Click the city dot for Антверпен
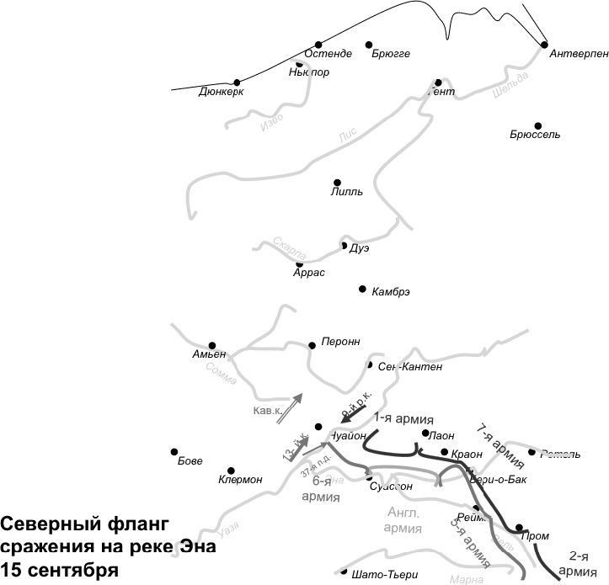click(544, 44)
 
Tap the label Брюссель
click(535, 135)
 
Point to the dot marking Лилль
click(337, 182)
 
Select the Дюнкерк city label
click(222, 92)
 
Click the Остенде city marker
click(318, 45)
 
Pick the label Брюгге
click(390, 54)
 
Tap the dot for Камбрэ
click(362, 288)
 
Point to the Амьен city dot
click(212, 345)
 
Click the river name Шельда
click(510, 87)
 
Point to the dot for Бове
click(174, 451)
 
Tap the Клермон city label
click(240, 480)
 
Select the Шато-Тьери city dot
click(344, 571)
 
